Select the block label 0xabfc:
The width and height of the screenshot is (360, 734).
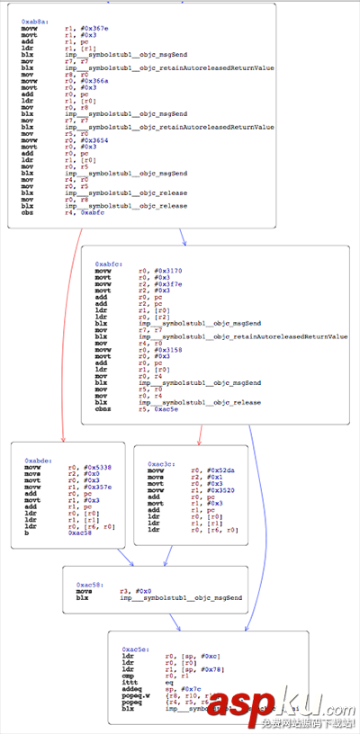[109, 264]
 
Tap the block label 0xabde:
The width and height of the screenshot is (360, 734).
[38, 460]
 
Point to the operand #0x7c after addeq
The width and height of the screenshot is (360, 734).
[183, 687]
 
